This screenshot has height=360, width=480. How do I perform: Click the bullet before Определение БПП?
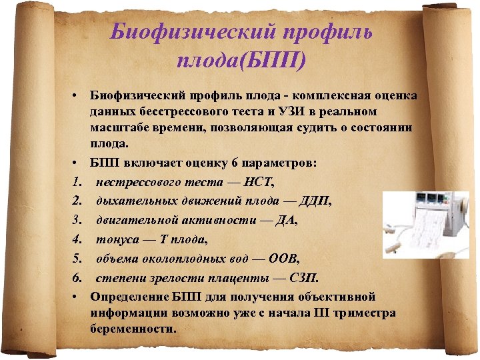click(x=78, y=296)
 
